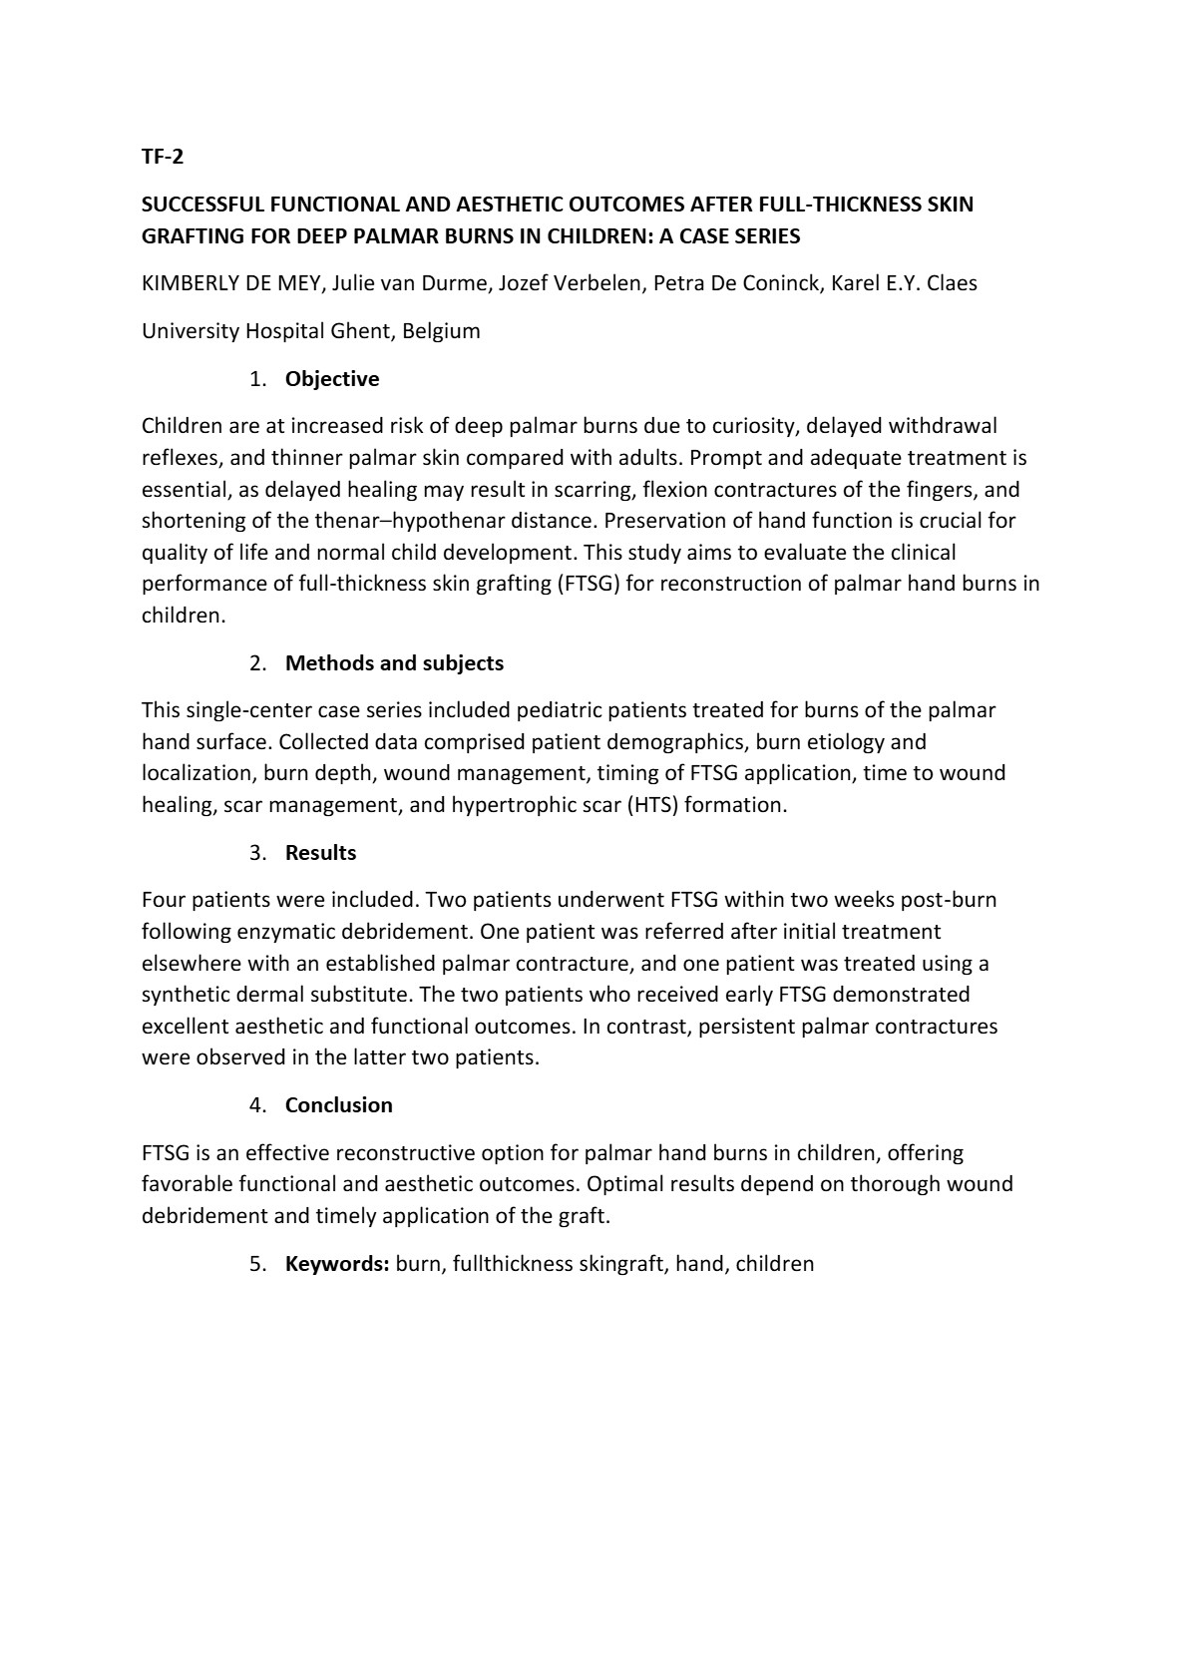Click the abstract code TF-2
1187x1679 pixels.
tap(163, 157)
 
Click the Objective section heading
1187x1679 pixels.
tap(332, 379)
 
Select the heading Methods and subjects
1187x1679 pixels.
tap(394, 663)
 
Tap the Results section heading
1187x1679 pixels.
tap(320, 853)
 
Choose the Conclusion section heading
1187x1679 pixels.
tap(339, 1105)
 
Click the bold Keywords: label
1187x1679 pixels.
tap(337, 1264)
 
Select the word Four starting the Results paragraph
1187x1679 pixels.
tap(163, 900)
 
